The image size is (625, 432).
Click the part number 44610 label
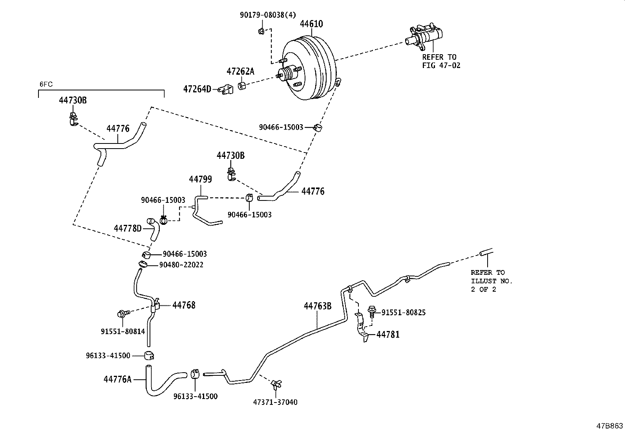tap(311, 24)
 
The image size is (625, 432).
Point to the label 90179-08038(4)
tap(268, 15)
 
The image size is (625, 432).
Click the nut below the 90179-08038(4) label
tap(261, 31)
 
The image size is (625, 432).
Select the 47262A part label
tap(240, 72)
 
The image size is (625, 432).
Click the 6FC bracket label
tap(46, 84)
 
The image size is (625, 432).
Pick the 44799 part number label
tap(200, 180)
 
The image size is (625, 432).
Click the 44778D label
tap(128, 228)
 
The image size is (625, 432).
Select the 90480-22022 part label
tap(181, 265)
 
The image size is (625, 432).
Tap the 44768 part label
tap(184, 305)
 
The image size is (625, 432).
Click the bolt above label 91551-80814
tap(122, 313)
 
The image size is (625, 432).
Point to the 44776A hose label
tap(118, 379)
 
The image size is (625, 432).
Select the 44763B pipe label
tap(318, 306)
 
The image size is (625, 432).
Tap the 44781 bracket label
tap(388, 335)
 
